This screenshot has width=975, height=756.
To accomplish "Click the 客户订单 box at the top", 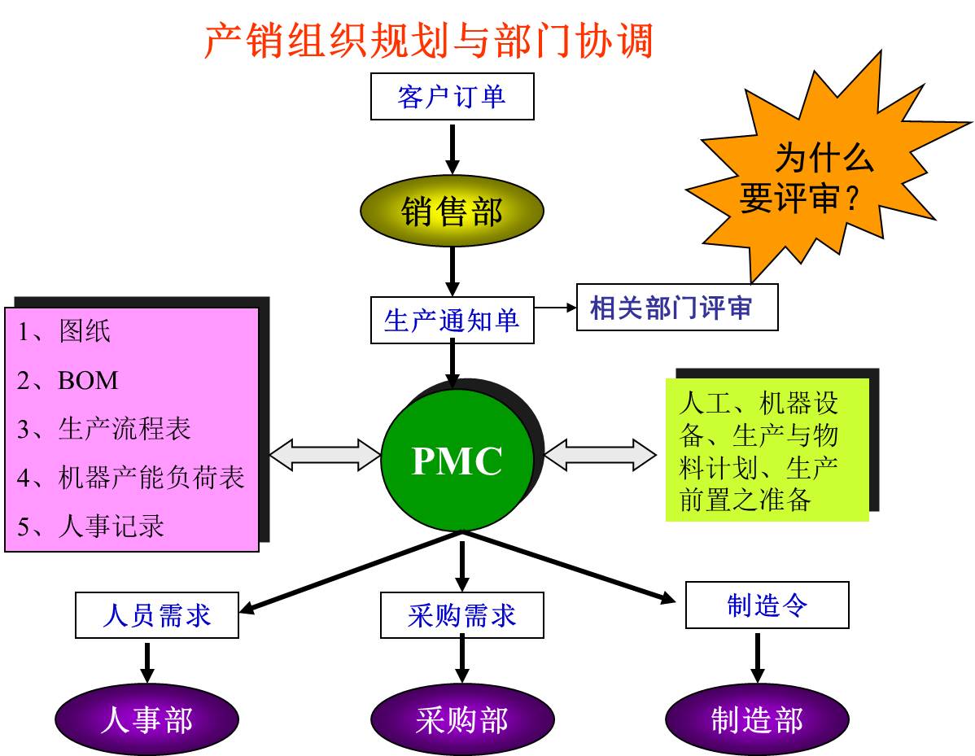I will pos(452,96).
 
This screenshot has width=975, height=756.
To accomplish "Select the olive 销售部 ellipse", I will pos(452,212).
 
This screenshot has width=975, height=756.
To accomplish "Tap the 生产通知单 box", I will pos(452,321).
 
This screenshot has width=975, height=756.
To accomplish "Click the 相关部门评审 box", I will pos(676,308).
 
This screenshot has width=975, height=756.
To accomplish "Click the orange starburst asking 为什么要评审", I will pos(822,175).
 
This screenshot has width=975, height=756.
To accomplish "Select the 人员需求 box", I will pos(157,614).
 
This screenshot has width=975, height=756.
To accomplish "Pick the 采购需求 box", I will pos(461,615).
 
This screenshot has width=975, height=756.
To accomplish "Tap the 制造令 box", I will pos(767,605).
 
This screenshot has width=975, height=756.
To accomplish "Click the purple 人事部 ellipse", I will pos(146,719).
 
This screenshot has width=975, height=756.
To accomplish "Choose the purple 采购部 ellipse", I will pos(461,719).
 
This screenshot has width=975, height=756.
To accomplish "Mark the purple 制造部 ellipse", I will pos(757,719).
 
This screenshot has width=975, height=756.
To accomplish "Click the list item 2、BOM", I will pos(68,381).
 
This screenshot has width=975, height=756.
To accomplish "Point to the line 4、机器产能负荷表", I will pos(131,477).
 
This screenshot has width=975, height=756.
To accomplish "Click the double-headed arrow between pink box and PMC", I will pos(325,455).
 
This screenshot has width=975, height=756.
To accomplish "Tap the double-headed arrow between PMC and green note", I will pos(599,455).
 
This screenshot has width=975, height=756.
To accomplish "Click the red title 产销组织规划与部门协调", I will pos(428,41).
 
